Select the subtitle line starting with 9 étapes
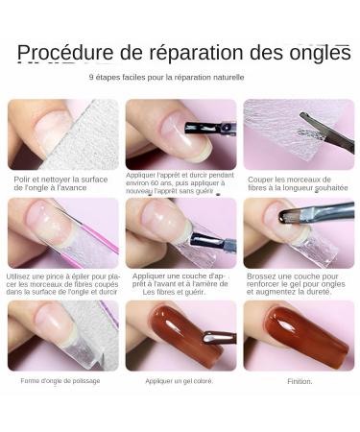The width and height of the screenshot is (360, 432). tap(167, 77)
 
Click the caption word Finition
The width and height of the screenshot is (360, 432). tap(299, 381)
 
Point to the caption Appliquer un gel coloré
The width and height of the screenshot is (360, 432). tap(180, 381)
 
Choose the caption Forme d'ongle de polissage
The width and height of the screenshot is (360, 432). tap(60, 380)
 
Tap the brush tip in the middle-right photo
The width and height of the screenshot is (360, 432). tap(287, 218)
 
